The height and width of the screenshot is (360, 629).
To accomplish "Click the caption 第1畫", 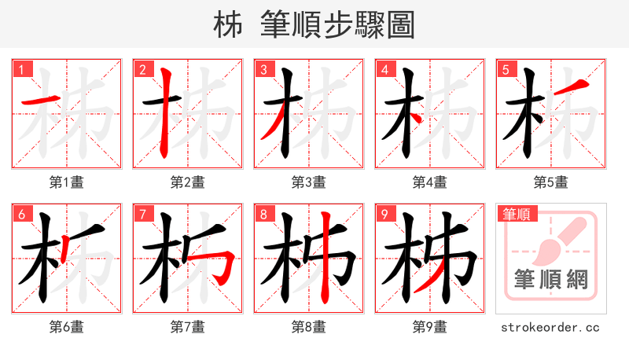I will click(67, 182).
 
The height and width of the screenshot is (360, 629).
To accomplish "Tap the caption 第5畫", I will click(551, 182).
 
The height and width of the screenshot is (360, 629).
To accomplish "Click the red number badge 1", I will click(21, 69).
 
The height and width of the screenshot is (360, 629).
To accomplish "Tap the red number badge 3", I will click(263, 69).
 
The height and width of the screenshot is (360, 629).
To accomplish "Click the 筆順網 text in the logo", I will click(551, 281).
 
